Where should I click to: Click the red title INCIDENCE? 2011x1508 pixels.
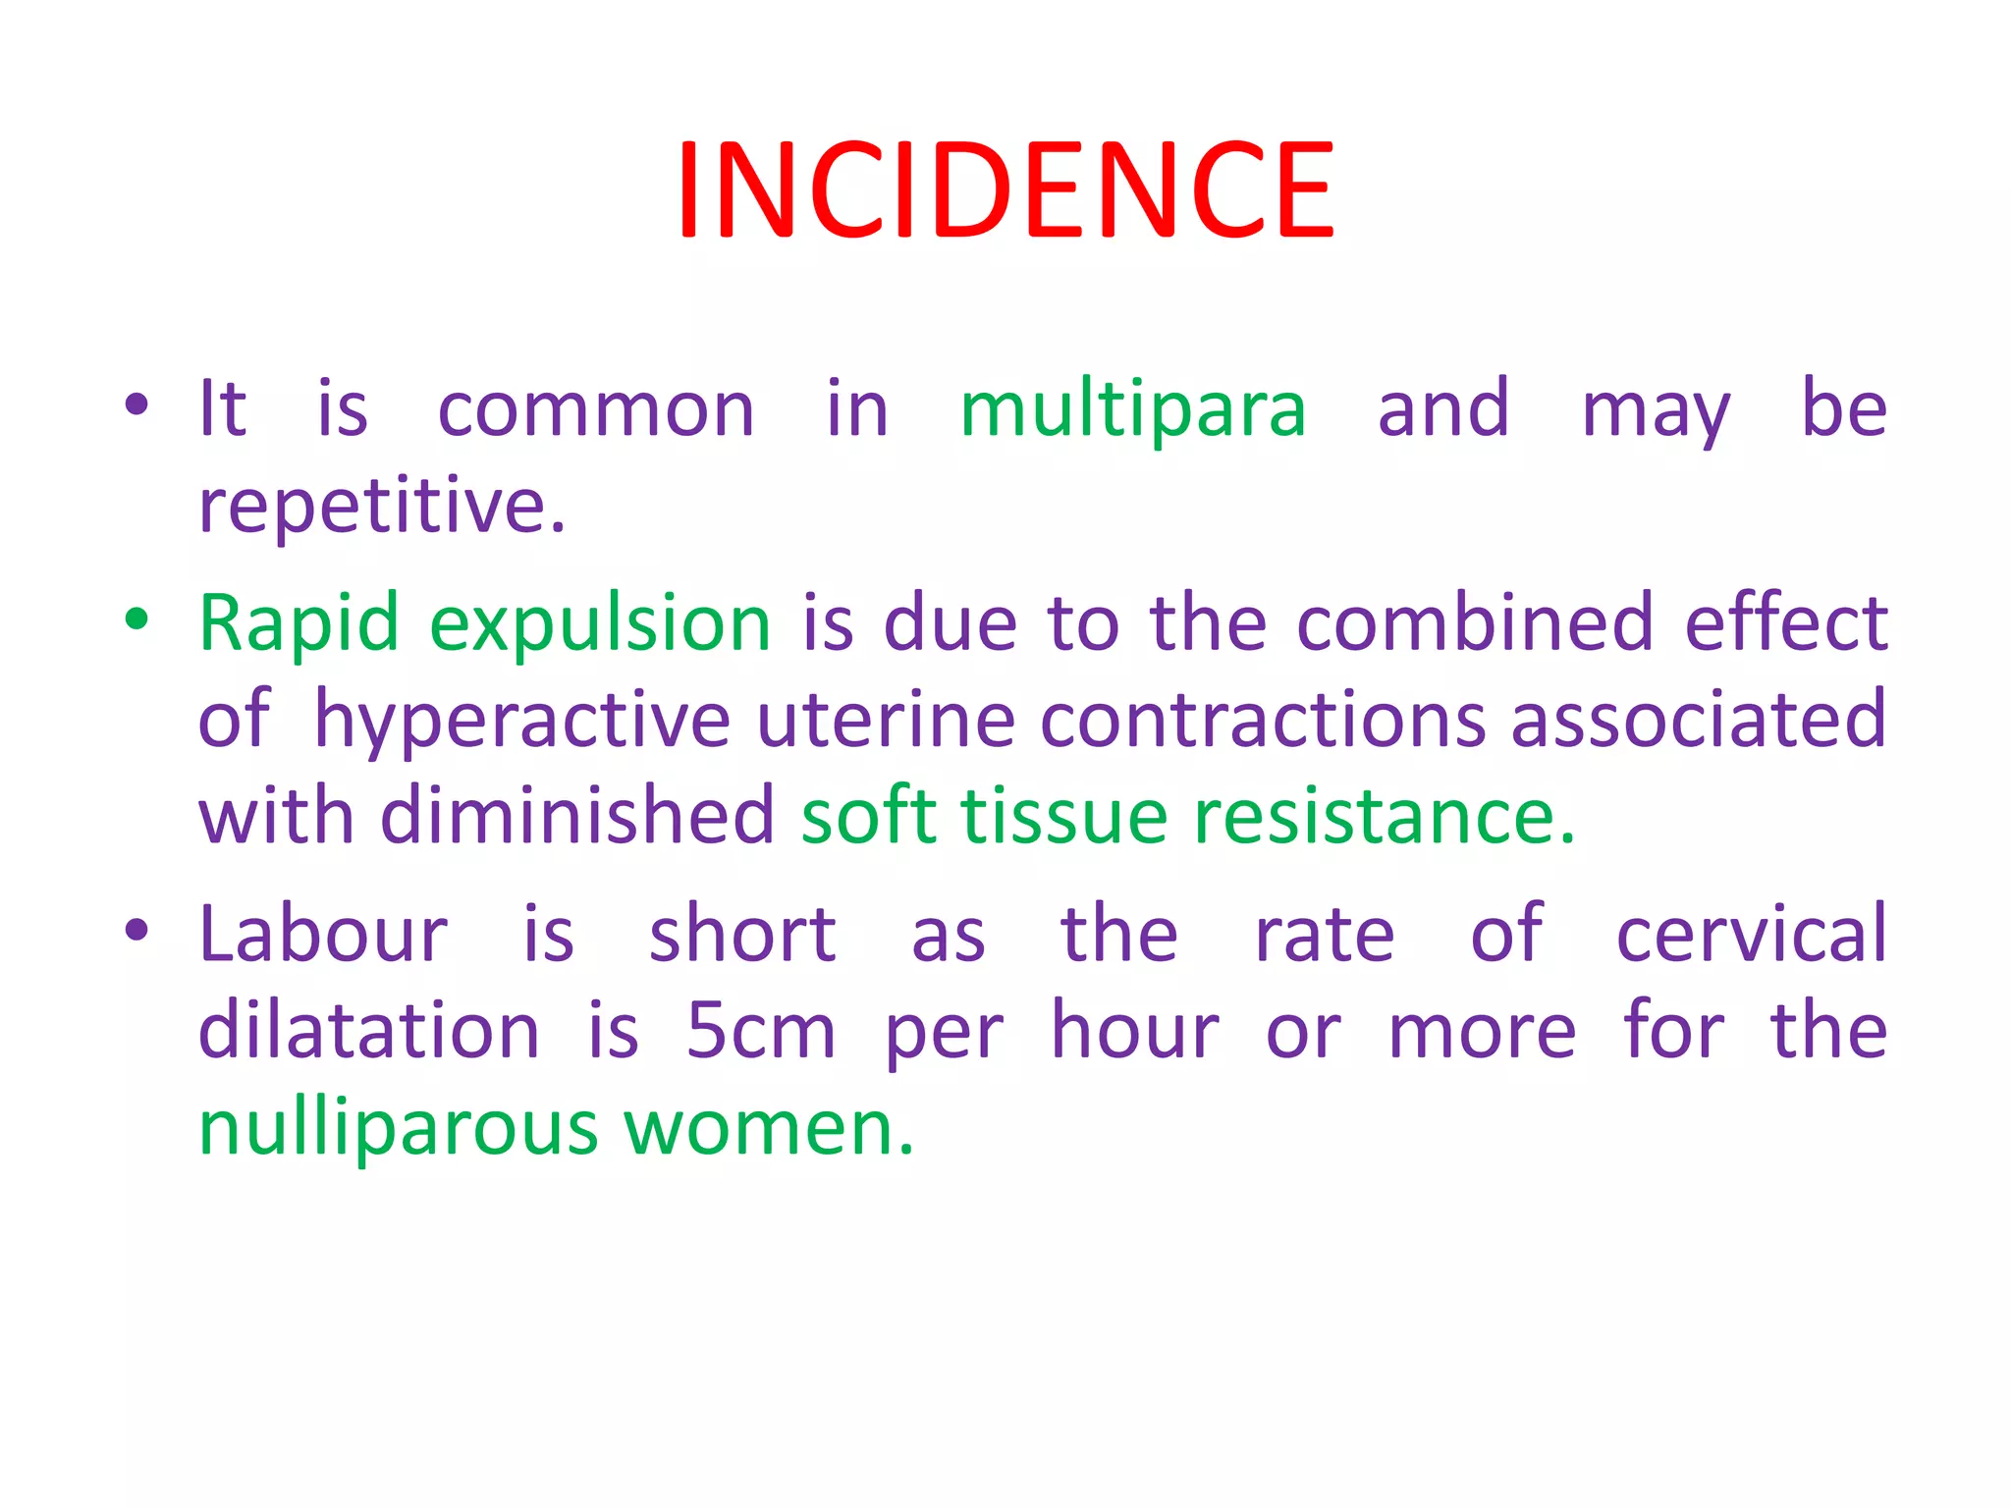tap(1005, 189)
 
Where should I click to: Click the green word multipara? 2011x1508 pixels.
tap(1133, 410)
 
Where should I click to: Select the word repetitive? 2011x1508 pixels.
tap(381, 506)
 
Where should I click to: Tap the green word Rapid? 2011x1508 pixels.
tap(299, 623)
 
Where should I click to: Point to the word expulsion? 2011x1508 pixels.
tap(600, 625)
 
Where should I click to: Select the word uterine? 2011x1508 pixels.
tap(886, 720)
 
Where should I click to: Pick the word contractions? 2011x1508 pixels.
tap(1263, 720)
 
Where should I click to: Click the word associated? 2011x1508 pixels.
tap(1698, 720)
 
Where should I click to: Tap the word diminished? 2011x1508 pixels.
tap(577, 816)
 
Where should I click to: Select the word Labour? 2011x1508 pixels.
tap(323, 934)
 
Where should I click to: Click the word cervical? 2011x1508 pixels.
tap(1751, 934)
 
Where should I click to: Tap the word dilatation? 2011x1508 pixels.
tap(369, 1030)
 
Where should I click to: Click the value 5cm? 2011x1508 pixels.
tap(760, 1030)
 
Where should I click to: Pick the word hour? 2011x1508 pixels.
tap(1134, 1030)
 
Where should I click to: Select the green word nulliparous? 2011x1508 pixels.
tap(398, 1128)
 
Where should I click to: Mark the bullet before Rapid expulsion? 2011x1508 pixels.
tap(136, 619)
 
